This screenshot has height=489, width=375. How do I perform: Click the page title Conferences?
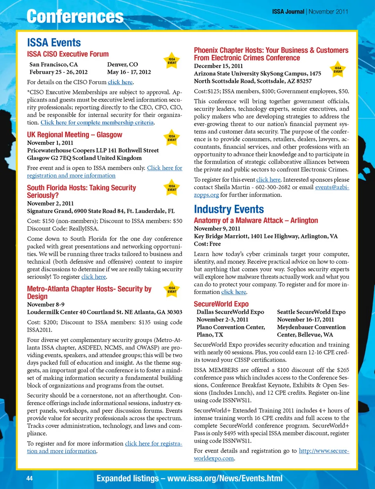(x=75, y=16)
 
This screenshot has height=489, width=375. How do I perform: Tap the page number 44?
(x=30, y=478)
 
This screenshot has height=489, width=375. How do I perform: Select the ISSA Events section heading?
(x=54, y=43)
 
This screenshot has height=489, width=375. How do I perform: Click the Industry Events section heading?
(x=229, y=209)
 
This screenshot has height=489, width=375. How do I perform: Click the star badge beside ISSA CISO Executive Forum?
(x=172, y=61)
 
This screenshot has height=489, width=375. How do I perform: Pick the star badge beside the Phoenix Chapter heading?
(x=338, y=70)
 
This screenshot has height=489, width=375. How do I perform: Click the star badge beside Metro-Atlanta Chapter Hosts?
(x=172, y=290)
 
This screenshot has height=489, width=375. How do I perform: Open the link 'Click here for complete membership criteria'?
(x=97, y=122)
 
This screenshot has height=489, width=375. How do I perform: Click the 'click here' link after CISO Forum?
(x=120, y=82)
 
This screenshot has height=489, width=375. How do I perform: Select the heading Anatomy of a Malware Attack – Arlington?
(x=256, y=220)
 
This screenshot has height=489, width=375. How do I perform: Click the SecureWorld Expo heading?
(x=221, y=304)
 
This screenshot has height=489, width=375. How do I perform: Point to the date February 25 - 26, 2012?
(x=59, y=72)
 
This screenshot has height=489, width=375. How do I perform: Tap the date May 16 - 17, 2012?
(x=129, y=72)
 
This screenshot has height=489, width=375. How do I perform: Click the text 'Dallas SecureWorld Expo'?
(x=230, y=312)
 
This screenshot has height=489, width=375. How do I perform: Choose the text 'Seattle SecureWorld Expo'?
(x=311, y=312)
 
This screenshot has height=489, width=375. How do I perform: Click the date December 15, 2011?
(x=218, y=66)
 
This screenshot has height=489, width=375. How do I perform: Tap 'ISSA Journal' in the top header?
(x=288, y=12)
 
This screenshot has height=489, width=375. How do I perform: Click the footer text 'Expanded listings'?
(x=128, y=478)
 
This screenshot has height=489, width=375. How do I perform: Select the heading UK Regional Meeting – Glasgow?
(x=75, y=134)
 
